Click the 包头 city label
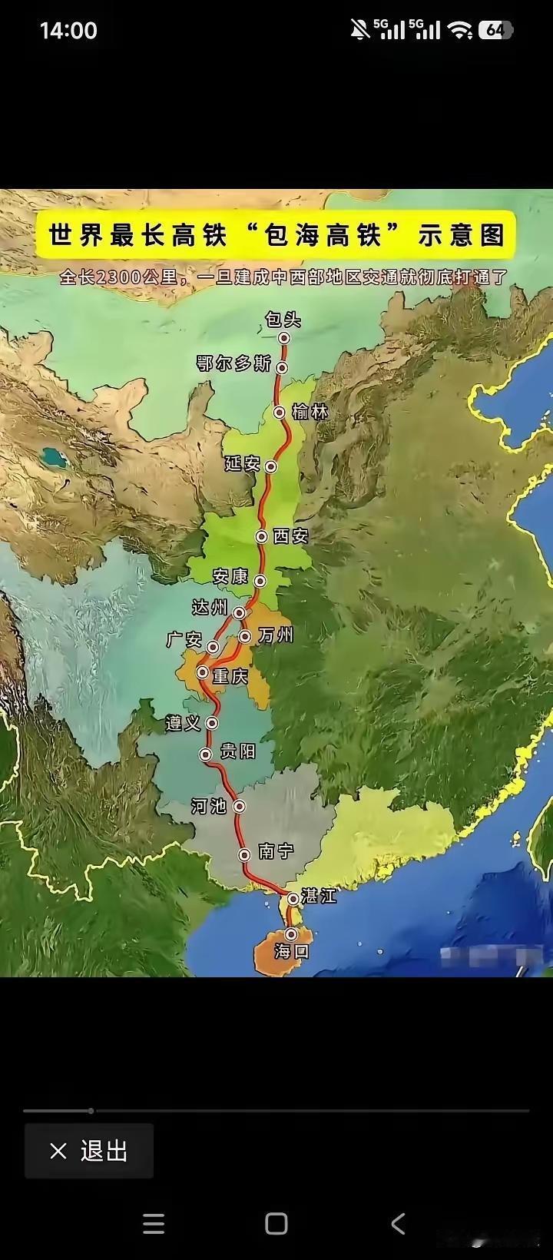(283, 320)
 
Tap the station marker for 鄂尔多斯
(283, 367)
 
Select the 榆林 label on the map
(310, 413)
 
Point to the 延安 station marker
(270, 466)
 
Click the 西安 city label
(290, 536)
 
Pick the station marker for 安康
(260, 581)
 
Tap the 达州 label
(210, 608)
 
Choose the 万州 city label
(276, 635)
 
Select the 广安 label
(184, 639)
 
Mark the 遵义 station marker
(213, 723)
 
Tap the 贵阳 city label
(237, 751)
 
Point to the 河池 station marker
(240, 806)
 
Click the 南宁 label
(276, 850)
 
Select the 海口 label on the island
(291, 951)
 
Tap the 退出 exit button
(89, 1151)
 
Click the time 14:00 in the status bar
(68, 31)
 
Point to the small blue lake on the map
(53, 458)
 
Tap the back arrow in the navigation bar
(398, 1223)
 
